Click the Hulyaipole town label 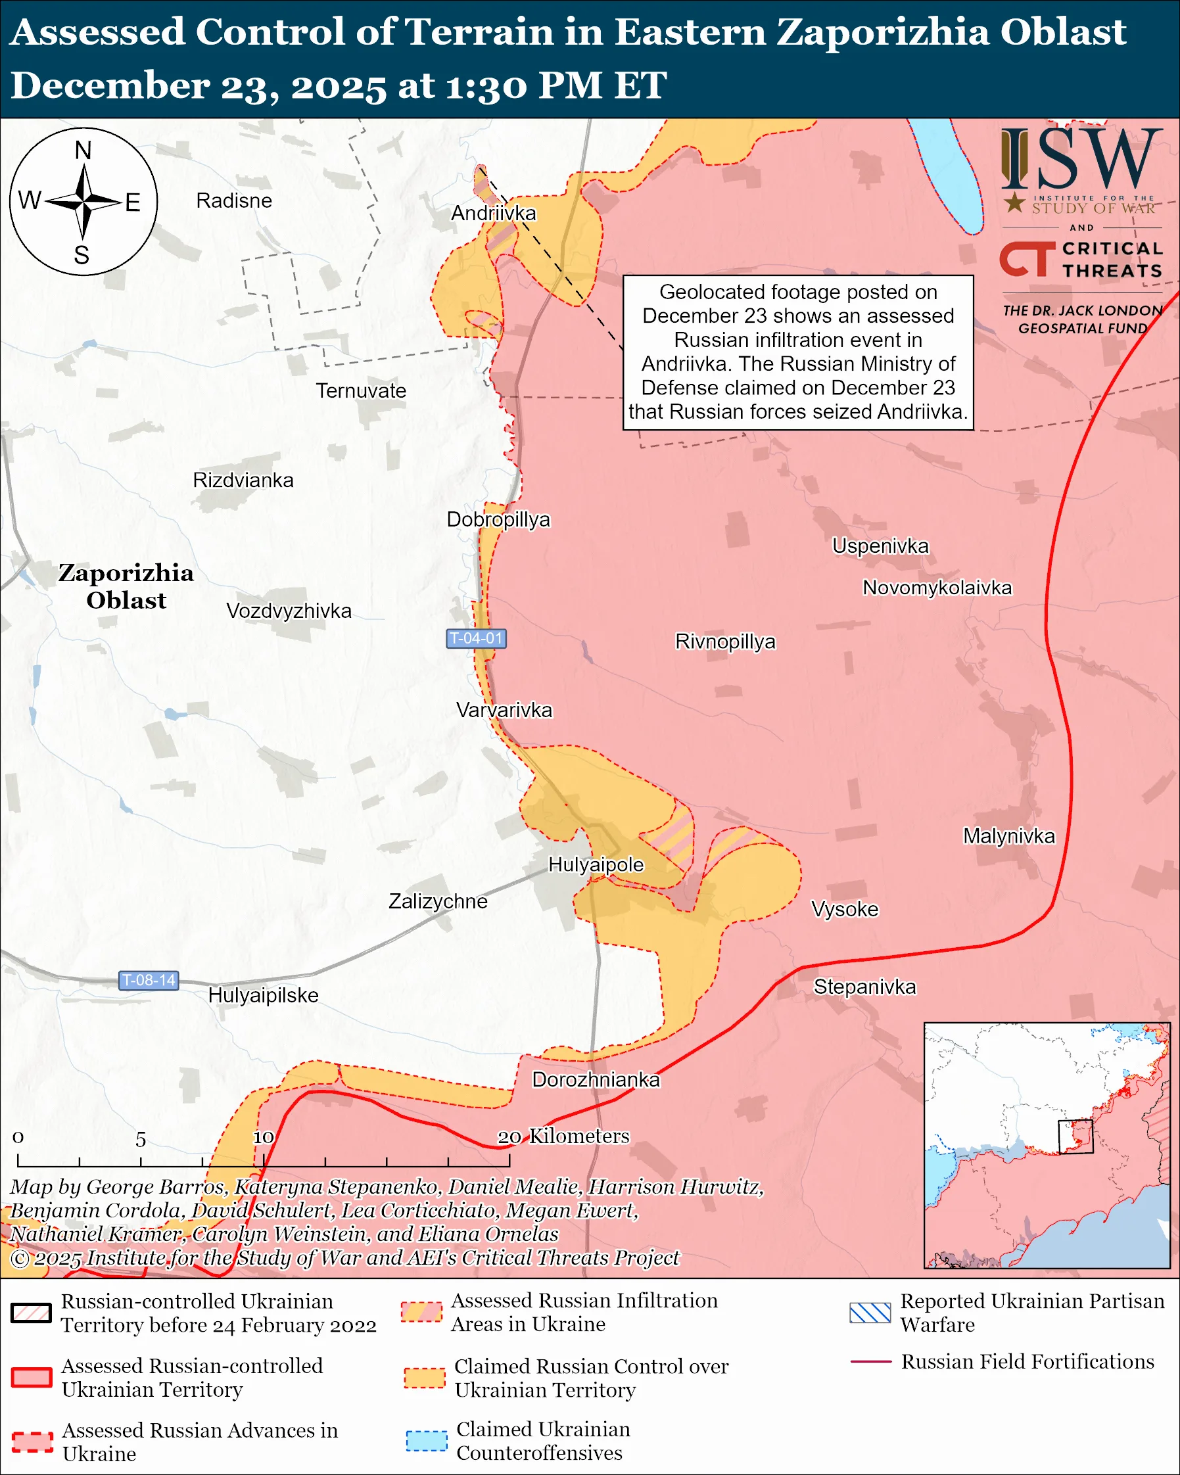(596, 865)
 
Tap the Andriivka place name (493, 214)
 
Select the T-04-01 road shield (476, 638)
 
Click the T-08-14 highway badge (149, 980)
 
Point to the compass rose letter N (83, 151)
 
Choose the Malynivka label (1009, 836)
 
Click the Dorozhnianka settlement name (596, 1079)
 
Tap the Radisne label (234, 200)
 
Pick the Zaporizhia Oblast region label (126, 586)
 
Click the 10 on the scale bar (264, 1137)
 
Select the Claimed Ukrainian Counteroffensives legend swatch (426, 1440)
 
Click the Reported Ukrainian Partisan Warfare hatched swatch (870, 1313)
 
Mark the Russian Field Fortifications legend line (870, 1361)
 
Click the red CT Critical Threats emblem (1026, 258)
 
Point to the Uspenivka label (880, 546)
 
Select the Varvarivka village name (504, 710)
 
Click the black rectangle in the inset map (1075, 1136)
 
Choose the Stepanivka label (864, 987)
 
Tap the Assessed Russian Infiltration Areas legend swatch (421, 1311)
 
